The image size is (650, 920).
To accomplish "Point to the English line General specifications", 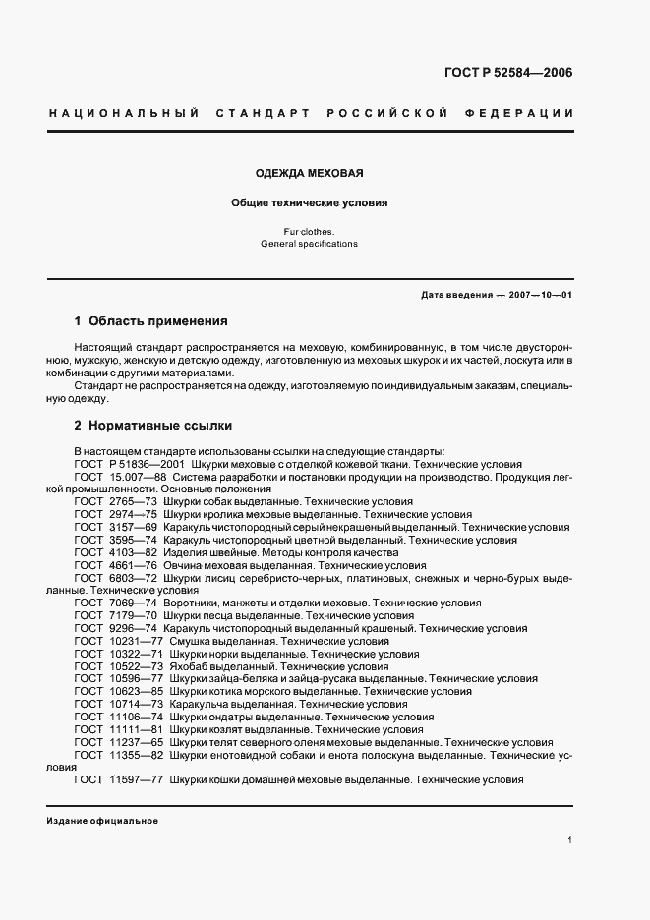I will coord(310,243).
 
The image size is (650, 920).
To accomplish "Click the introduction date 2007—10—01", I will coord(539,295).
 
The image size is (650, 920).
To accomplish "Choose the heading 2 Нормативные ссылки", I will coord(153,426).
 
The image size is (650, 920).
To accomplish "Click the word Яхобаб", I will coord(187,666).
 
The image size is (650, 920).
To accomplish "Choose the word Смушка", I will coord(189,641).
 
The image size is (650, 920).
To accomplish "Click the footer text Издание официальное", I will coord(102,821).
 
